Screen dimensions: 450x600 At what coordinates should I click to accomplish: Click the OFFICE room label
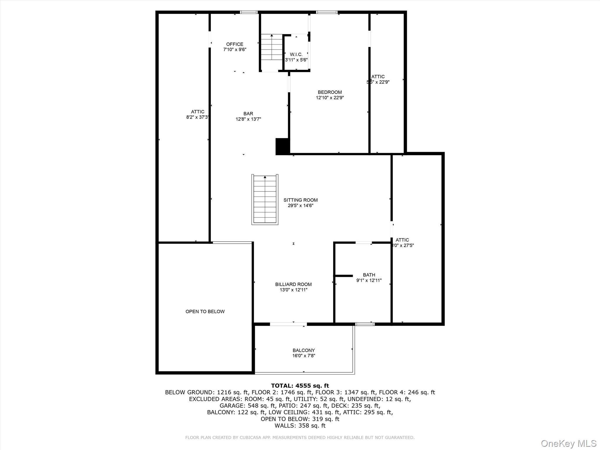[x=235, y=45]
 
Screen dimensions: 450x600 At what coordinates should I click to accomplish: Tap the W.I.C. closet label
[x=296, y=55]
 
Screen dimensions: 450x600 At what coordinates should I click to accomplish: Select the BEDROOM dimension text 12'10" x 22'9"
[x=330, y=98]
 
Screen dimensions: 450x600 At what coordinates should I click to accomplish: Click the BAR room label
[x=248, y=114]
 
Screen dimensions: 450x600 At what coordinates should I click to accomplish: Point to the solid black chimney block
[x=282, y=146]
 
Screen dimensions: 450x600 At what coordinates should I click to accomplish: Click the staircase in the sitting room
[x=265, y=200]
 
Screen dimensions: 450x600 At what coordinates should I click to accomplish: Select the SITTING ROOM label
[x=300, y=200]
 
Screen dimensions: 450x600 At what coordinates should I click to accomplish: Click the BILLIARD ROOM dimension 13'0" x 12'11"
[x=293, y=290]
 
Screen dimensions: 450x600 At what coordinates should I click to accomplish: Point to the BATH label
[x=369, y=275]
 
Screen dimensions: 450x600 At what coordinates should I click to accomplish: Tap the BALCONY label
[x=304, y=350]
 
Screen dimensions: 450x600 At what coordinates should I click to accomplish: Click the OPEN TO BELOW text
[x=205, y=311]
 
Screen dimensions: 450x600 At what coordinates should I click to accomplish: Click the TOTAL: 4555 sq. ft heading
[x=300, y=386]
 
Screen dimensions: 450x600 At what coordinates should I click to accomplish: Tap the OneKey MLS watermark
[x=568, y=443]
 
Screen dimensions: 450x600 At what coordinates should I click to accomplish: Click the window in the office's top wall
[x=249, y=12]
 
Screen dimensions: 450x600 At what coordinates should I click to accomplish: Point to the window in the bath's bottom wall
[x=365, y=324]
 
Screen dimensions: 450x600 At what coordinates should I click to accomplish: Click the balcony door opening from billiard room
[x=288, y=324]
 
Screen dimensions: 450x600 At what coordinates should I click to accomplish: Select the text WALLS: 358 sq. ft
[x=300, y=426]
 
